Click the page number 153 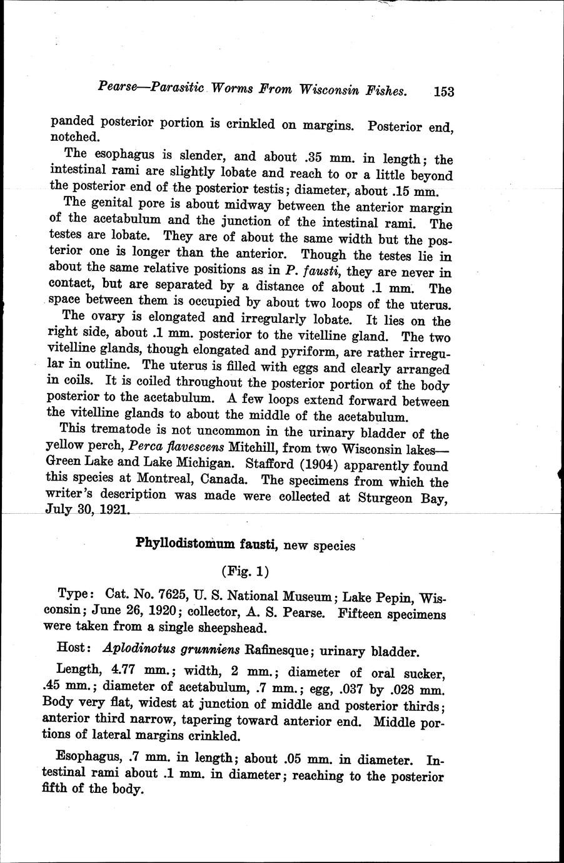[x=443, y=92]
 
